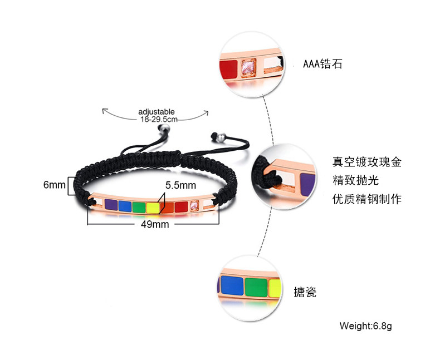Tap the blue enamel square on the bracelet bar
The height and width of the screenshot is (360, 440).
pyautogui.click(x=125, y=206)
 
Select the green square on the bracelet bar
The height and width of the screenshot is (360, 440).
pyautogui.click(x=139, y=208)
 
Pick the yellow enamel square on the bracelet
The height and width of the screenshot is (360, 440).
pyautogui.click(x=152, y=208)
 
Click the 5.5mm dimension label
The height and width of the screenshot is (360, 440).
pyautogui.click(x=180, y=185)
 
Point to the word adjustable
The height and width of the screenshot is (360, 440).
pyautogui.click(x=157, y=111)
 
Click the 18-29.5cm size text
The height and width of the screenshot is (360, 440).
pyautogui.click(x=158, y=119)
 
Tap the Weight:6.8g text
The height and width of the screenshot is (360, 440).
pyautogui.click(x=366, y=326)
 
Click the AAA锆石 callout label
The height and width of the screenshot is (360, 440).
pyautogui.click(x=322, y=64)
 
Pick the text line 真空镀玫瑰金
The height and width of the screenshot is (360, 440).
pyautogui.click(x=366, y=162)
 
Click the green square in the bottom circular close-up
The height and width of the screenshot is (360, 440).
pyautogui.click(x=256, y=287)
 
